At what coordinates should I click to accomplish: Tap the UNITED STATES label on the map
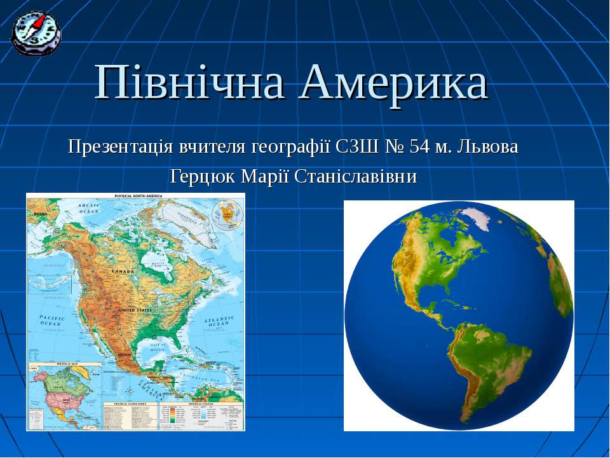(135, 310)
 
